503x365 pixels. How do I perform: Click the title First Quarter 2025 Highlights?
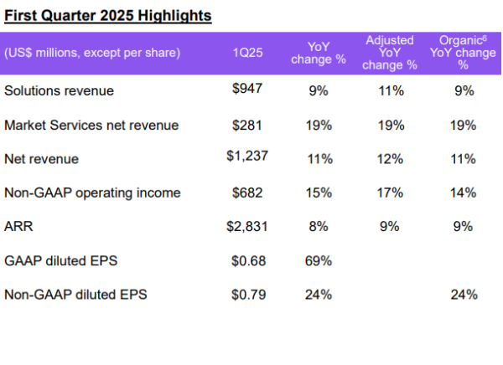point(106,16)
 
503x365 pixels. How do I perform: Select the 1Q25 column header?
point(248,53)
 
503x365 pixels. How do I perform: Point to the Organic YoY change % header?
point(460,52)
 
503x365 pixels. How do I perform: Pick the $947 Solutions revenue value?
point(248,90)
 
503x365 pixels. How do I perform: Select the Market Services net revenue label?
point(91,125)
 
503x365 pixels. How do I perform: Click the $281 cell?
point(248,125)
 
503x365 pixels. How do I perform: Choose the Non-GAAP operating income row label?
point(92,193)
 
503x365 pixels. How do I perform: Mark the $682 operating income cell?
point(248,193)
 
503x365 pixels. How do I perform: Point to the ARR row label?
point(18,226)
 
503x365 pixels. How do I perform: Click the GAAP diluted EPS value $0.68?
point(248,260)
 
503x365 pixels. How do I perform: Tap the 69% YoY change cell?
point(319,260)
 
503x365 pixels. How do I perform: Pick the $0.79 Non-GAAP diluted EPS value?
point(248,294)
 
